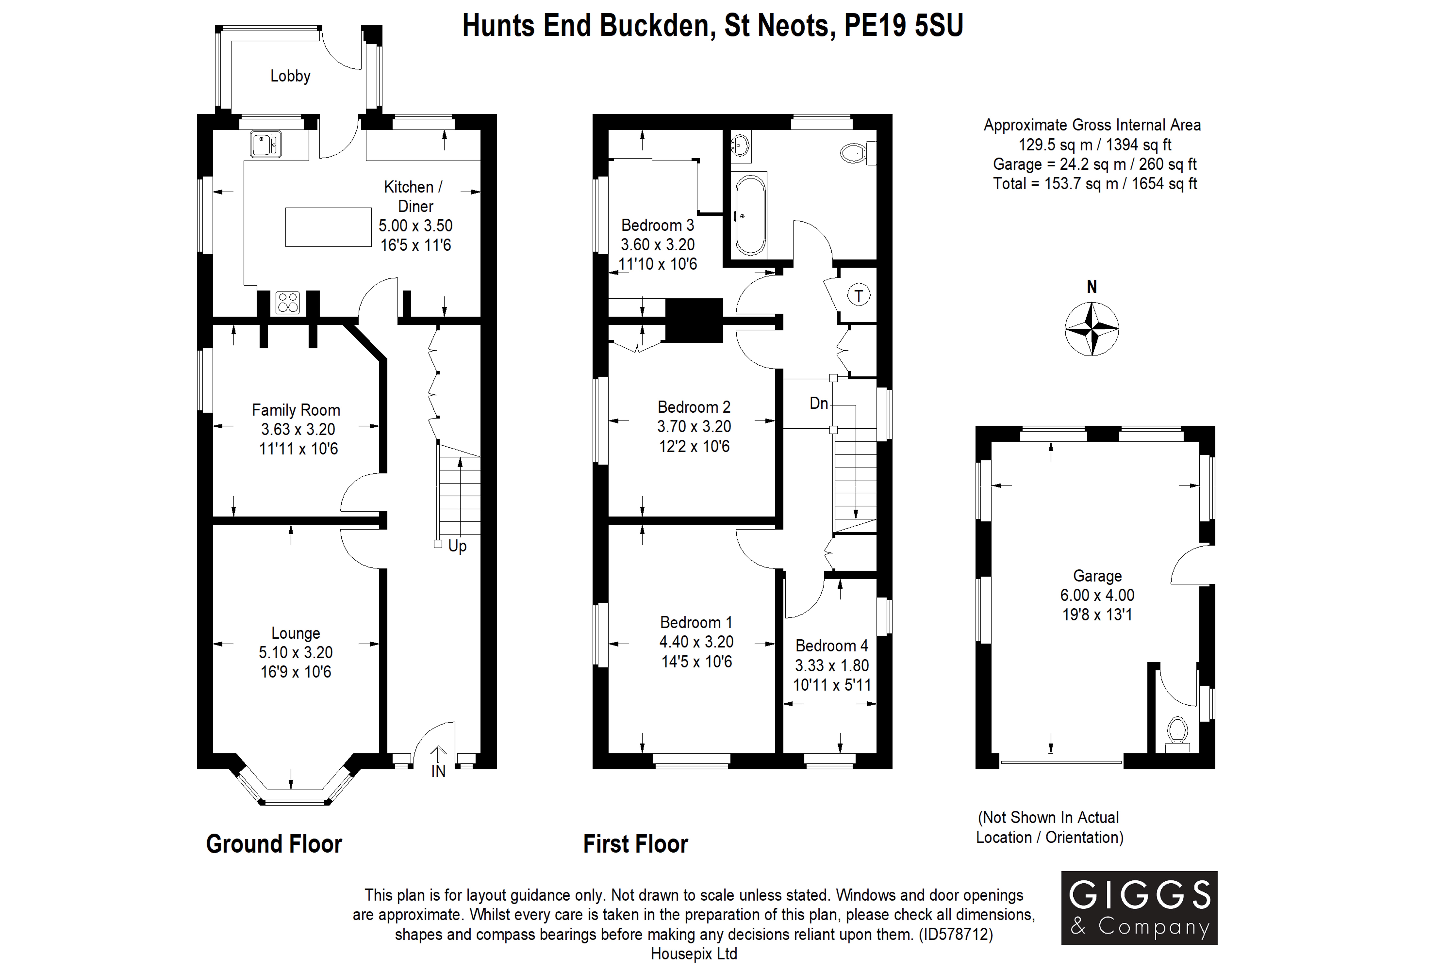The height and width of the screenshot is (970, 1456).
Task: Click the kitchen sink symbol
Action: click(266, 144)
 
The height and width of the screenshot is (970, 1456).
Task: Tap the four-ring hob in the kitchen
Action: click(288, 302)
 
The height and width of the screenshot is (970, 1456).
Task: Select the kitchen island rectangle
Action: click(328, 227)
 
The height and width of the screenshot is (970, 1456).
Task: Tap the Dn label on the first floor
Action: click(818, 403)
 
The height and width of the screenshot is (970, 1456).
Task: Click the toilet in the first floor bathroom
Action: click(856, 152)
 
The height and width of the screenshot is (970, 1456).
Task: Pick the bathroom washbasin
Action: click(740, 146)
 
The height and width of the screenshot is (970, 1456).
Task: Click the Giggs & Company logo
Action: click(1139, 908)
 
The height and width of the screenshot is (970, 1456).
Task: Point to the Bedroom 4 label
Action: click(831, 646)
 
